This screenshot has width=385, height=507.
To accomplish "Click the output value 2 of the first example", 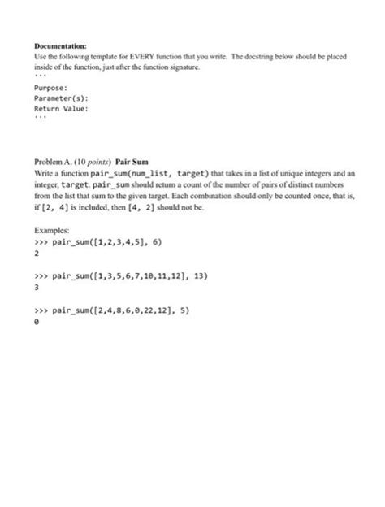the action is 36,253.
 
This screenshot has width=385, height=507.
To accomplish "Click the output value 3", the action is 36,287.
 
